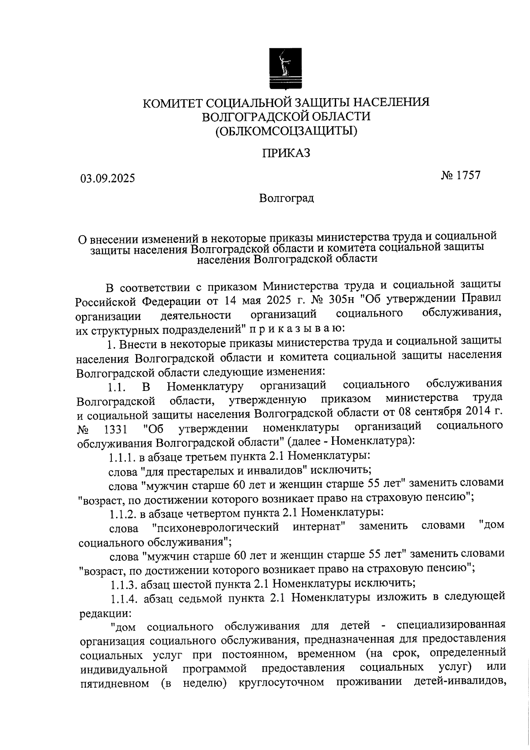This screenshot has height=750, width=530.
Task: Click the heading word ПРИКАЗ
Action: [x=286, y=153]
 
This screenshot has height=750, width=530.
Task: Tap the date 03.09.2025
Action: [x=107, y=179]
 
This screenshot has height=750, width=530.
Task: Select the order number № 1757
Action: [x=460, y=176]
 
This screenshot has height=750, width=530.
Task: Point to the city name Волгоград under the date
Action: [x=287, y=198]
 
